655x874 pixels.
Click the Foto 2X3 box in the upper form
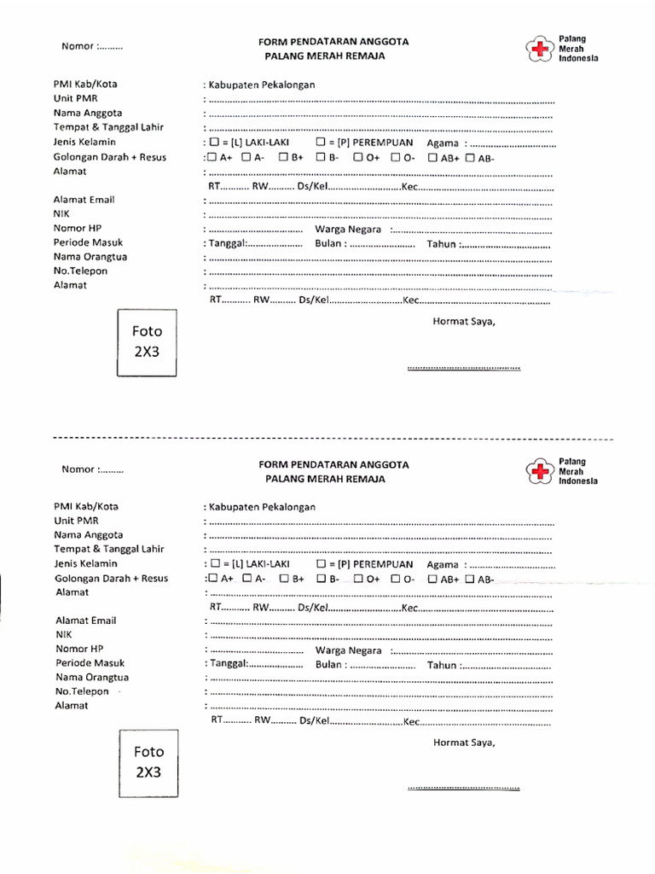(x=147, y=342)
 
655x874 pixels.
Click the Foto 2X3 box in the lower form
(x=148, y=763)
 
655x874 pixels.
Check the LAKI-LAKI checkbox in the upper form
(x=215, y=143)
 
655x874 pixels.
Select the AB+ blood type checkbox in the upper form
(x=433, y=158)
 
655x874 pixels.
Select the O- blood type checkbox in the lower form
(x=396, y=580)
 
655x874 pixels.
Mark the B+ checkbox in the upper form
(x=283, y=158)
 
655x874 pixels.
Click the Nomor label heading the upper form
(x=91, y=47)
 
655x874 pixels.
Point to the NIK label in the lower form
(x=65, y=635)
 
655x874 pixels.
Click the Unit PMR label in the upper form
(x=76, y=98)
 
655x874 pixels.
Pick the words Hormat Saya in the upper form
(x=464, y=322)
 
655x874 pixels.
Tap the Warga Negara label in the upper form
(x=348, y=230)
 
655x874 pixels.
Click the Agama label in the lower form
(x=443, y=564)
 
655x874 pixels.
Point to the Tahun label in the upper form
(x=443, y=244)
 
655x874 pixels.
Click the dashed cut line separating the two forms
(x=333, y=438)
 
